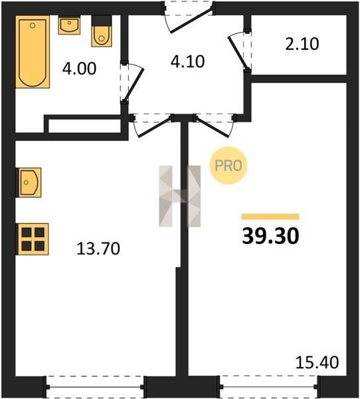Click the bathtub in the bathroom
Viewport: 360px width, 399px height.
33,52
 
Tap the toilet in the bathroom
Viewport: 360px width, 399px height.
102,31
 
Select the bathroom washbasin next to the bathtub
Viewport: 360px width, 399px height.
69,25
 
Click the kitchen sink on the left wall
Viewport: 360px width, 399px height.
29,182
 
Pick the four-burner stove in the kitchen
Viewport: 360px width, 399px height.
32,239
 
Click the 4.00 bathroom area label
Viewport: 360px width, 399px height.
79,68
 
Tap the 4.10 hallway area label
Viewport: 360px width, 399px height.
187,62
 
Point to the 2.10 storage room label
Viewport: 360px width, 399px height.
302,44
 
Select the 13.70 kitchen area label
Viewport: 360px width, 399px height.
98,249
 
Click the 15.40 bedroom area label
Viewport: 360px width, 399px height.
317,362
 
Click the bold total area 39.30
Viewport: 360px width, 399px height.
270,236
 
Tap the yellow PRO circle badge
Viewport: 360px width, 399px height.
228,166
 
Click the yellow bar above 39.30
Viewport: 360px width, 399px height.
270,217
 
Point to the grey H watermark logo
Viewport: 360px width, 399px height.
180,196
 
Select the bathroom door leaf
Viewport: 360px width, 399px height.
134,84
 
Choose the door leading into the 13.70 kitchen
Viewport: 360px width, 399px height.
154,126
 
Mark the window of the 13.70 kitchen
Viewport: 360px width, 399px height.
94,387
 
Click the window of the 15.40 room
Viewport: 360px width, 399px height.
269,387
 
